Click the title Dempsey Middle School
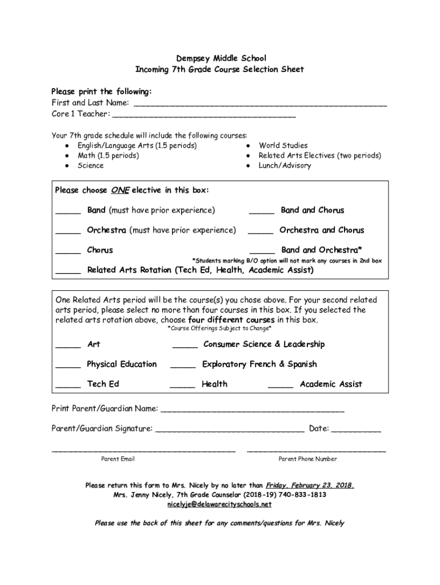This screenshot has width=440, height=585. (x=220, y=58)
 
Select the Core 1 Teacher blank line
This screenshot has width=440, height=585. (x=204, y=116)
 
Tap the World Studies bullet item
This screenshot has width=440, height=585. (x=283, y=146)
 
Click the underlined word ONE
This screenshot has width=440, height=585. (x=120, y=190)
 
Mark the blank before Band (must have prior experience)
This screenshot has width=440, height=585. (x=68, y=213)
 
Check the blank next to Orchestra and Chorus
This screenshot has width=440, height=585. (x=261, y=233)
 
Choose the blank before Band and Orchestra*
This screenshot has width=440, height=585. (x=262, y=253)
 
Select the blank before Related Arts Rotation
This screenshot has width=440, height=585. (x=68, y=273)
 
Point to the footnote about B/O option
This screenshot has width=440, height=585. (x=286, y=261)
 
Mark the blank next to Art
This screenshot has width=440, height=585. (x=68, y=347)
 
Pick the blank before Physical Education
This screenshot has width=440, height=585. (x=68, y=367)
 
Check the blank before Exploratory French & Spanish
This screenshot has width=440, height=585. (x=183, y=367)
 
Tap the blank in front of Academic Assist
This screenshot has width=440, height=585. (x=281, y=387)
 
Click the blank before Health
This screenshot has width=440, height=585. (x=183, y=387)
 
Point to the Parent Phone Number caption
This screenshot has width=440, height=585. (x=307, y=459)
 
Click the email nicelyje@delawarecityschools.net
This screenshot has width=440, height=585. (x=219, y=504)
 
